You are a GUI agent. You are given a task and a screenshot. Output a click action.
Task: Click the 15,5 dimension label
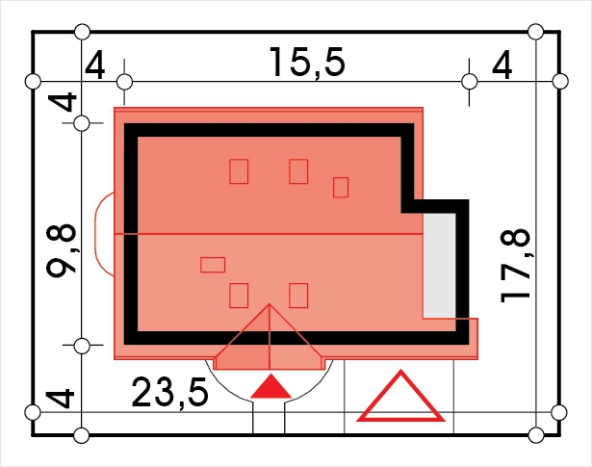(x=307, y=63)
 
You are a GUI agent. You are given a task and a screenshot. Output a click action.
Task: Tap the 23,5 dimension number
(x=169, y=393)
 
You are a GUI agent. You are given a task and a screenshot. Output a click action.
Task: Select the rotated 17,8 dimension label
(x=516, y=266)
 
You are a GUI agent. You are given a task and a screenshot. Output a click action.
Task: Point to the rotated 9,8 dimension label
(x=62, y=250)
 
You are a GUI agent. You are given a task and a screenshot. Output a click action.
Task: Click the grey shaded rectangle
(x=439, y=266)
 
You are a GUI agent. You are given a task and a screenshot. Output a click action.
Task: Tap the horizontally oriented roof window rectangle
(x=213, y=265)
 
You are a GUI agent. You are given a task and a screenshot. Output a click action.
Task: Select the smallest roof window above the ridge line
(x=341, y=187)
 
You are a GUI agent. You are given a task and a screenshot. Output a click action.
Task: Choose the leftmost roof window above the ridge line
(x=239, y=171)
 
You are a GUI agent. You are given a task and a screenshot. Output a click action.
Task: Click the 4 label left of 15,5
(x=94, y=65)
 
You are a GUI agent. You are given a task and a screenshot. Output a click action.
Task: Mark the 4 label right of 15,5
(x=502, y=65)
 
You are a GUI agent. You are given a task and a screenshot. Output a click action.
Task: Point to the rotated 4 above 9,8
(x=62, y=102)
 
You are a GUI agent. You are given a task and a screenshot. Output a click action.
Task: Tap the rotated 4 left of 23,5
(x=60, y=399)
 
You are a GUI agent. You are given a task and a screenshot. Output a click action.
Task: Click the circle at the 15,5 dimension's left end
(x=124, y=82)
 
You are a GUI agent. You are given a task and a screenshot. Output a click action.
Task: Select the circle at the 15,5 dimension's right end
(x=470, y=82)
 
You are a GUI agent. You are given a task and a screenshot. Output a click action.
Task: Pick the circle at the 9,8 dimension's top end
(x=82, y=123)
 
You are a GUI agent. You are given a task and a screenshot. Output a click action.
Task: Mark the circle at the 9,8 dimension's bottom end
(x=82, y=346)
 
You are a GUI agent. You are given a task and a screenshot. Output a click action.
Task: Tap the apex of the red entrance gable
(x=270, y=304)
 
